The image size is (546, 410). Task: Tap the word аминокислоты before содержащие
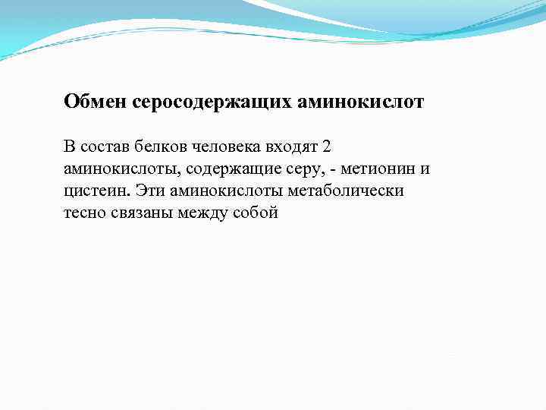point(111,168)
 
